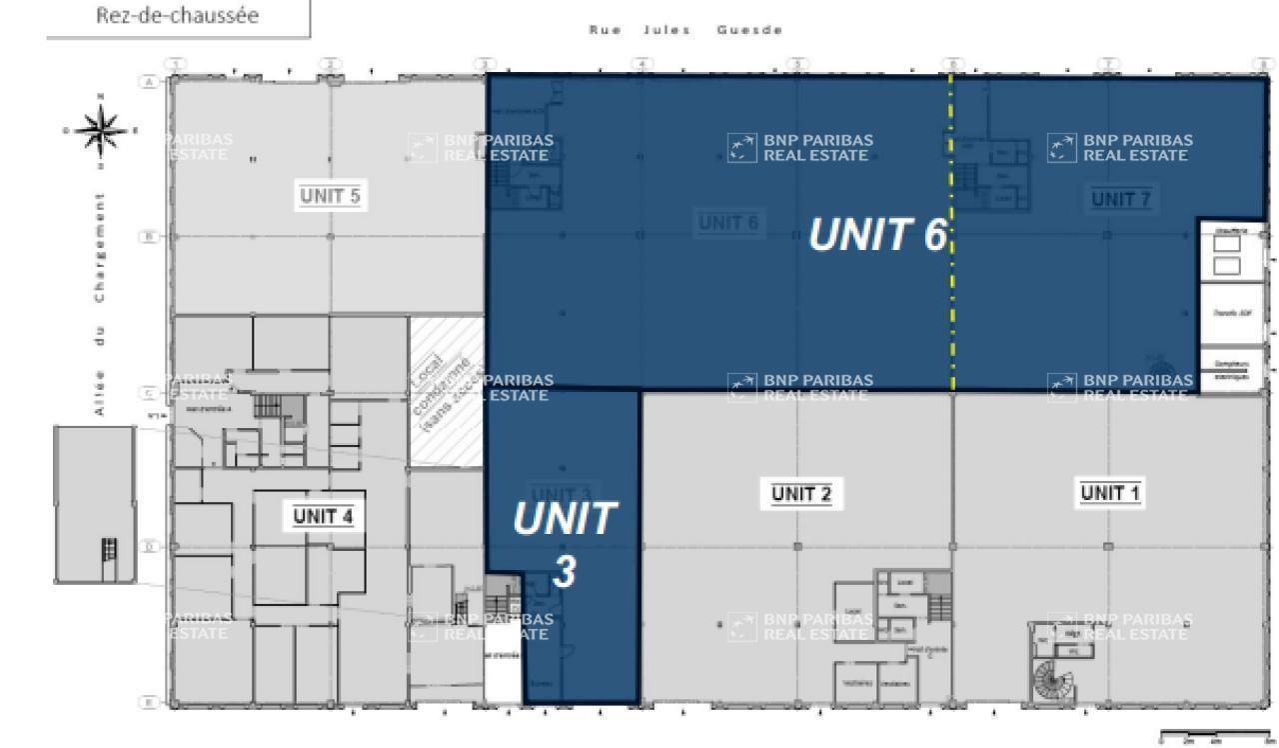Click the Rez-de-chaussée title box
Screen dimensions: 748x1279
(x=178, y=18)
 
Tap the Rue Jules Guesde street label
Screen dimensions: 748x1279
(x=685, y=30)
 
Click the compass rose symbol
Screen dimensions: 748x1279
(x=99, y=128)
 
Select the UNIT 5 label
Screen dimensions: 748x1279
(x=330, y=196)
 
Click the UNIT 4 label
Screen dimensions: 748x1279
(x=323, y=516)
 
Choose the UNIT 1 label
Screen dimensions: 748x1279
(x=1111, y=492)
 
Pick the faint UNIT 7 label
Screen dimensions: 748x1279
(x=1121, y=199)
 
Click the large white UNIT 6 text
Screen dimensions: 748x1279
(x=876, y=236)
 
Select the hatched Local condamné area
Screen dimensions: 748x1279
(x=446, y=392)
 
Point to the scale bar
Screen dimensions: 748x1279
(x=1215, y=737)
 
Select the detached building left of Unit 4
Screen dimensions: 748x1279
(x=94, y=504)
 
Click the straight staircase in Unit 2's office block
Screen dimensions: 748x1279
(x=939, y=605)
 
